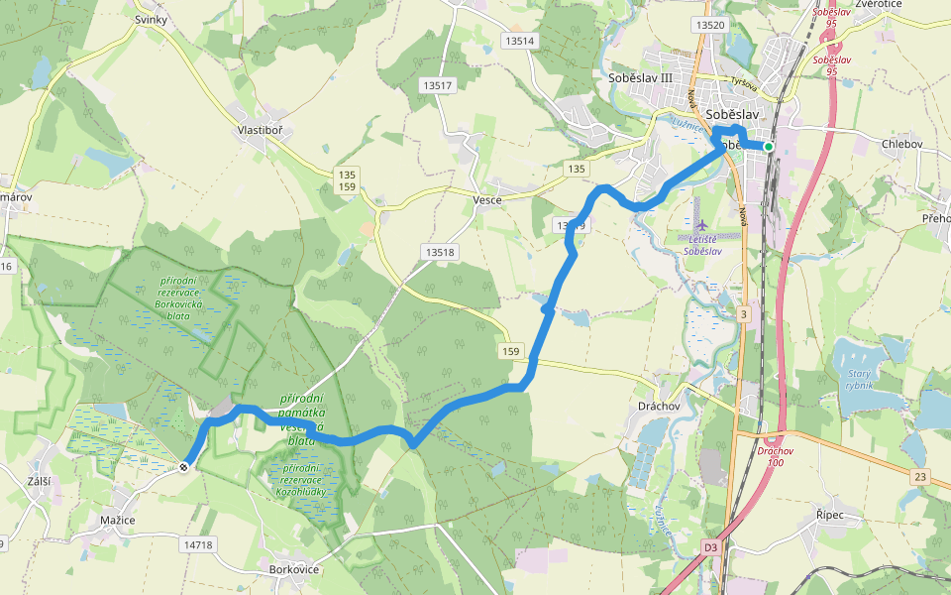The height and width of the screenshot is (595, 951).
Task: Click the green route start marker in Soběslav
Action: point(768,147)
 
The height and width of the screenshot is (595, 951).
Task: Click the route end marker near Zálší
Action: point(185,467)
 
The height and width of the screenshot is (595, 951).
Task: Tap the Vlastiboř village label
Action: point(261,130)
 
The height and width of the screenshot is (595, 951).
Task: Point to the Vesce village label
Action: point(487,199)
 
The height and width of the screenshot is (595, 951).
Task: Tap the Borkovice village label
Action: point(294,569)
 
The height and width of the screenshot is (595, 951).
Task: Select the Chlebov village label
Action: point(901,144)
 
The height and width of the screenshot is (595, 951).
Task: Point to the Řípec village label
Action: point(831,515)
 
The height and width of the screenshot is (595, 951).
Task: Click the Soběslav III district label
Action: point(640,76)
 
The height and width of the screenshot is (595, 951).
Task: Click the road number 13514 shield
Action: point(518,41)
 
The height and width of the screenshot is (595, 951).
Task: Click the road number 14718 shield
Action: point(198,544)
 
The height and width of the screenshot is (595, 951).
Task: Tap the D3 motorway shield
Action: point(710,546)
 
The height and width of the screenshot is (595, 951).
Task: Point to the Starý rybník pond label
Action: point(859,378)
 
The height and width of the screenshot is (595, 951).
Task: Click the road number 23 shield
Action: point(920,477)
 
